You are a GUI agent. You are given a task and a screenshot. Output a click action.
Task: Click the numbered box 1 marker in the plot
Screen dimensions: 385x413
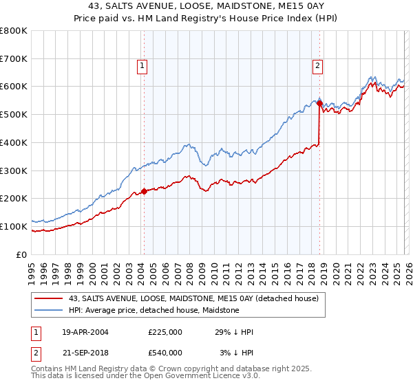(142, 66)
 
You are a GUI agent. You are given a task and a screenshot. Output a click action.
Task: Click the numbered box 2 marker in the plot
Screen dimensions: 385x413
(317, 66)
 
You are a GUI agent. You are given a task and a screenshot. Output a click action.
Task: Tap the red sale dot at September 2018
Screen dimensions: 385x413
(319, 103)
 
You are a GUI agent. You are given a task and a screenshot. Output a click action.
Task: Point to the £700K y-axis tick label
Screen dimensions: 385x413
(14, 59)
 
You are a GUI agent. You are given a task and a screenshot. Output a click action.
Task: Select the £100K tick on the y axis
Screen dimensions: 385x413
(14, 226)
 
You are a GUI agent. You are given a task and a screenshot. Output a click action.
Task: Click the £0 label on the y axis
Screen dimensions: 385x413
(22, 254)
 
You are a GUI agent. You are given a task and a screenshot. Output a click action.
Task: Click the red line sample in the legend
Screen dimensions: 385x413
(49, 299)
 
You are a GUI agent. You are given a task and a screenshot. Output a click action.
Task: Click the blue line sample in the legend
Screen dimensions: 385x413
(49, 311)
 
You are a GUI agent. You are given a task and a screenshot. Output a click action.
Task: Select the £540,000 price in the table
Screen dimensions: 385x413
(165, 352)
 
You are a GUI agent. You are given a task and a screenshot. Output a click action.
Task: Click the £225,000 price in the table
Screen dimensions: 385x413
(165, 331)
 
